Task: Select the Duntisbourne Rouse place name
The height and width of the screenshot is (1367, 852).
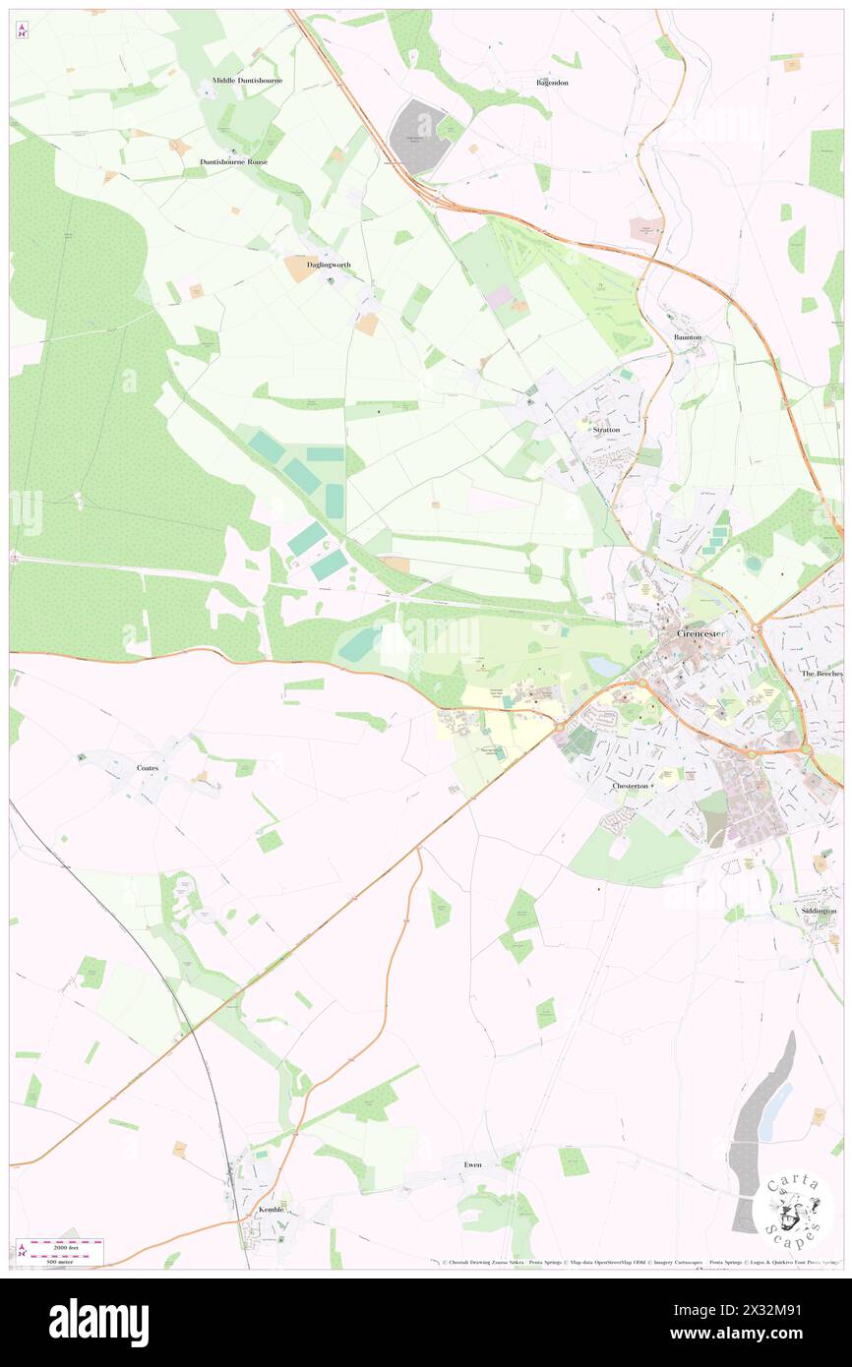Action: click(233, 161)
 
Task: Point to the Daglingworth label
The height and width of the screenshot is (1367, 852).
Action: click(329, 265)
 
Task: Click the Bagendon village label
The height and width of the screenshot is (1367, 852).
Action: click(552, 83)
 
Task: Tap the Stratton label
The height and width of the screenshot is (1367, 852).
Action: click(606, 430)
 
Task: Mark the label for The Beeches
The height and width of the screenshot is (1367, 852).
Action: click(822, 674)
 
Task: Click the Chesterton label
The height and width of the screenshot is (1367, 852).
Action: click(631, 786)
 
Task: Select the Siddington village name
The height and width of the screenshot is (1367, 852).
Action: click(819, 912)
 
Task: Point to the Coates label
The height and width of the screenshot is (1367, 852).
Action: click(148, 766)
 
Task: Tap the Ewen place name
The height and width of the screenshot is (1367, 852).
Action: click(473, 1164)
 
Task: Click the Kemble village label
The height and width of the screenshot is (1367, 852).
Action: click(271, 1210)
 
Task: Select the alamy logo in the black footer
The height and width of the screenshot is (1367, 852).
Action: click(98, 1323)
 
